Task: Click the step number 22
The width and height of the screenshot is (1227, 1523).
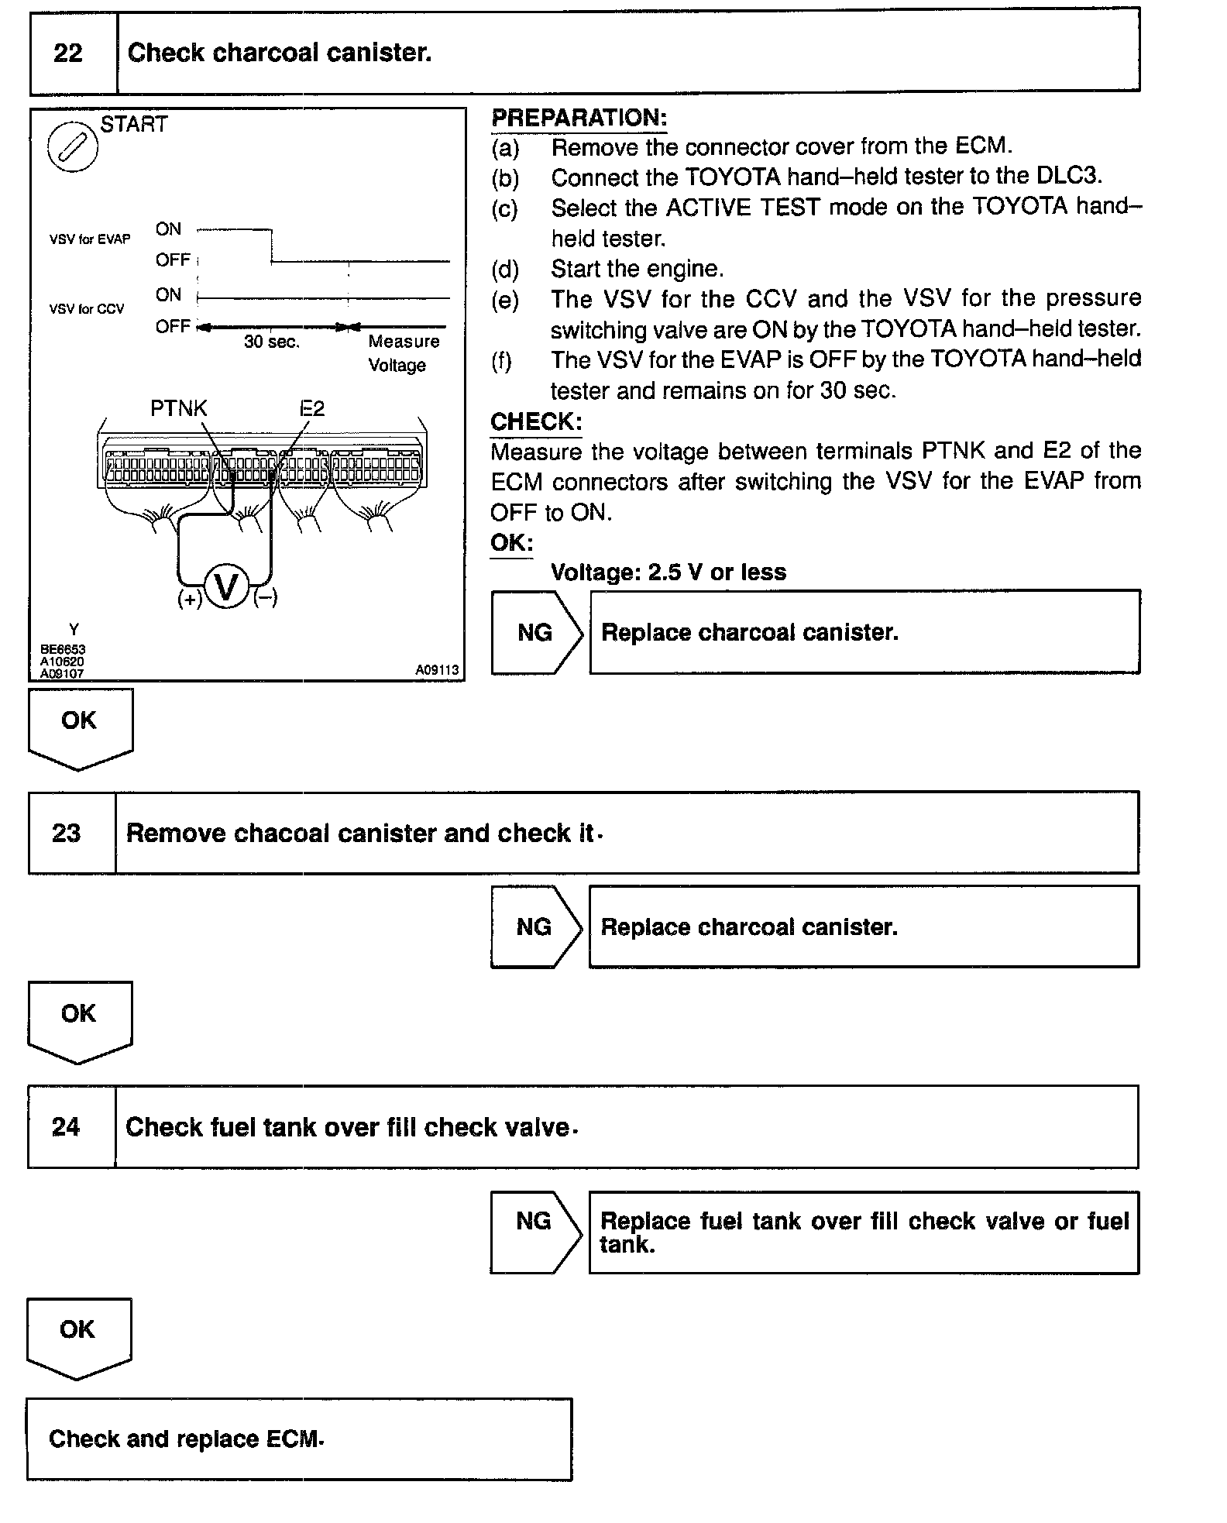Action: pyautogui.click(x=68, y=53)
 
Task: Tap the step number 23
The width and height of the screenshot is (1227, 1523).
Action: pyautogui.click(x=67, y=833)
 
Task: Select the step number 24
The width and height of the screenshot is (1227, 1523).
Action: pyautogui.click(x=66, y=1126)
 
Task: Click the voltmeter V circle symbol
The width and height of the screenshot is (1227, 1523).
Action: pyautogui.click(x=226, y=586)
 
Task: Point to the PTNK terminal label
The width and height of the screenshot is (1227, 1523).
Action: pyautogui.click(x=179, y=408)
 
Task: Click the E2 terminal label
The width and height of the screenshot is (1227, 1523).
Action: pyautogui.click(x=312, y=408)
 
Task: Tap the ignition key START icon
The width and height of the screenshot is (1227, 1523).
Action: pyautogui.click(x=73, y=146)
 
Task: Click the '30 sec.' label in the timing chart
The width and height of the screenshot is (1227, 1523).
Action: pyautogui.click(x=271, y=342)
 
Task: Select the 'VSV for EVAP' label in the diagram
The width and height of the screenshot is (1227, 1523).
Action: pyautogui.click(x=90, y=239)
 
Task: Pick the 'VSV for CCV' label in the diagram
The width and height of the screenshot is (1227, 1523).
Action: pyautogui.click(x=87, y=309)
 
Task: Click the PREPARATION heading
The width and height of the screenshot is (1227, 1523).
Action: pyautogui.click(x=579, y=118)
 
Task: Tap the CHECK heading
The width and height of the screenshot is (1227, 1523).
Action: pyautogui.click(x=536, y=421)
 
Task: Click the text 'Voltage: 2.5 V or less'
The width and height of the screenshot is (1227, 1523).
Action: pyautogui.click(x=668, y=572)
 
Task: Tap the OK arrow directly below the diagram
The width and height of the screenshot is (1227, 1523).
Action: pyautogui.click(x=80, y=727)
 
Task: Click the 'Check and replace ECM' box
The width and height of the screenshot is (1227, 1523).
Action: pyautogui.click(x=299, y=1439)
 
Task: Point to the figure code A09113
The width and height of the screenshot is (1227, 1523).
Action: pyautogui.click(x=437, y=670)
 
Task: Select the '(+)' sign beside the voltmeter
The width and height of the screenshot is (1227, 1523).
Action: pyautogui.click(x=190, y=599)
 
